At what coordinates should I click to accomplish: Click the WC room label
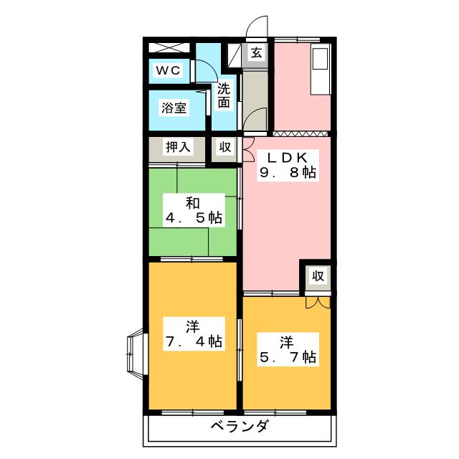[168, 70]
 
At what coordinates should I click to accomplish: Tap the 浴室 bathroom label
[174, 108]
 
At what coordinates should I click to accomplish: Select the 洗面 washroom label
[224, 95]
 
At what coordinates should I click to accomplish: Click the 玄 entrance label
[256, 52]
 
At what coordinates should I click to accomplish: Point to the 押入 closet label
[179, 146]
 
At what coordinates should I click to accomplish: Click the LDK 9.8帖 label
[288, 166]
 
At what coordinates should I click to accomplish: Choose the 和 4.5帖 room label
[194, 210]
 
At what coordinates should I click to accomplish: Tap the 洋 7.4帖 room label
[194, 334]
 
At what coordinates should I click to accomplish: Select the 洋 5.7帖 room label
[288, 350]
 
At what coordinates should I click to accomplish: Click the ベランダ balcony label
[240, 426]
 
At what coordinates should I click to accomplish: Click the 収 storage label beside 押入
[225, 147]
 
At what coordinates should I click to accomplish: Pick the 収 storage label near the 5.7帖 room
[318, 275]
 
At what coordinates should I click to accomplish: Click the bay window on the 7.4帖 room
[136, 354]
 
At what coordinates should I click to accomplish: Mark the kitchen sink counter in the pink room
[321, 69]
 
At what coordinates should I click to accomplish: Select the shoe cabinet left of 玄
[235, 55]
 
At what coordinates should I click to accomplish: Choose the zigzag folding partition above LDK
[301, 134]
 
